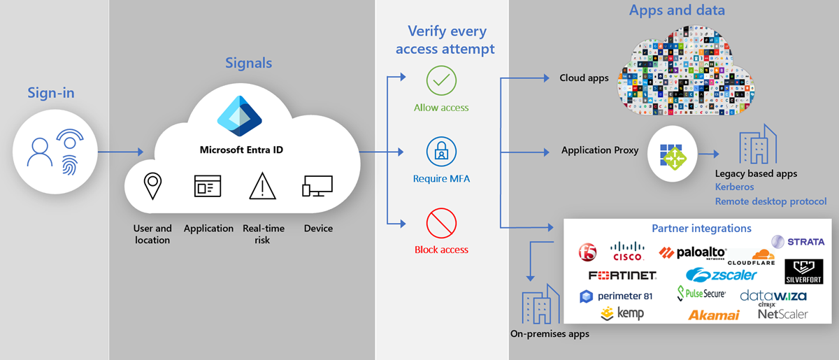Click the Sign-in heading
tap(50, 93)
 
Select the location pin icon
tap(152, 186)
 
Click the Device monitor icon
tap(317, 187)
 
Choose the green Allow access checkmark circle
tap(441, 82)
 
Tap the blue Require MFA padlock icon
tap(441, 152)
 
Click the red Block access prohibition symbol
tap(441, 223)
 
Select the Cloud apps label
tap(584, 78)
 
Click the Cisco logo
tap(627, 251)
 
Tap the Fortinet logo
tap(622, 275)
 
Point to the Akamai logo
tap(714, 315)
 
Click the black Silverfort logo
tap(803, 272)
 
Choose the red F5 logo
tap(588, 251)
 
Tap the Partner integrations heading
tap(701, 229)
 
